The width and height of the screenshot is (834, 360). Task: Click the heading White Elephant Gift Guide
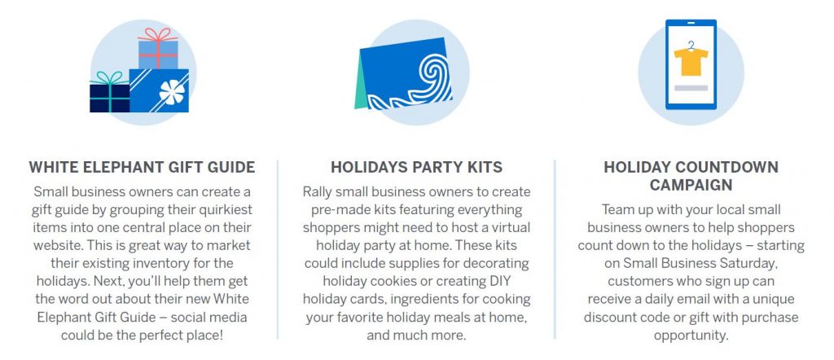point(142,167)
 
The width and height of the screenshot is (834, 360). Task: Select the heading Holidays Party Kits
point(416,167)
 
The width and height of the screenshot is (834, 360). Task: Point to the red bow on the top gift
point(157,34)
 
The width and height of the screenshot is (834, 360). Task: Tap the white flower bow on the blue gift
point(173,92)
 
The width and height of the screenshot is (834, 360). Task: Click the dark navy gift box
point(110,99)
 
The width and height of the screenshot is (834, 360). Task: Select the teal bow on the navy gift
point(109,78)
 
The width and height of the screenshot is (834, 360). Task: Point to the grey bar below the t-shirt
point(691,87)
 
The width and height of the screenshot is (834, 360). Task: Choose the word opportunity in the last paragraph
point(691,336)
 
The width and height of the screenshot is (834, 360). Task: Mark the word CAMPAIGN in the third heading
point(691,185)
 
